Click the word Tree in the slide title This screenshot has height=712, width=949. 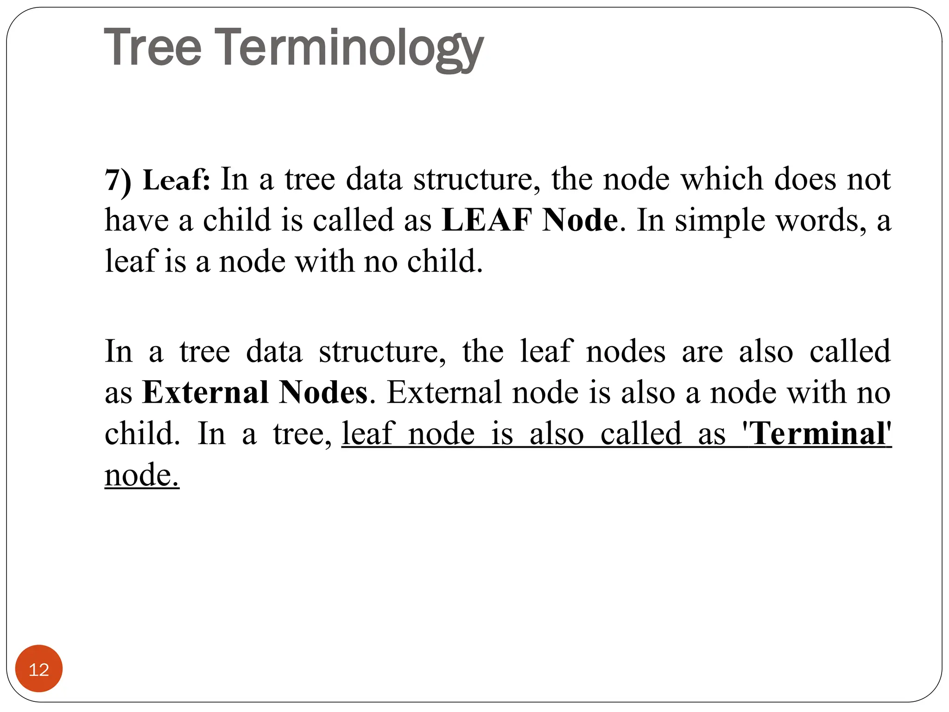153,47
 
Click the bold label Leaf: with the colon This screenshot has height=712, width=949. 177,180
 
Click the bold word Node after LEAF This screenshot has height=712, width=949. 580,220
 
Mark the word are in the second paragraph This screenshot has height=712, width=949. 702,351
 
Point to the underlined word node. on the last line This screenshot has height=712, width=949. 142,475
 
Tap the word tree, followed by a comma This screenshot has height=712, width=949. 302,434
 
